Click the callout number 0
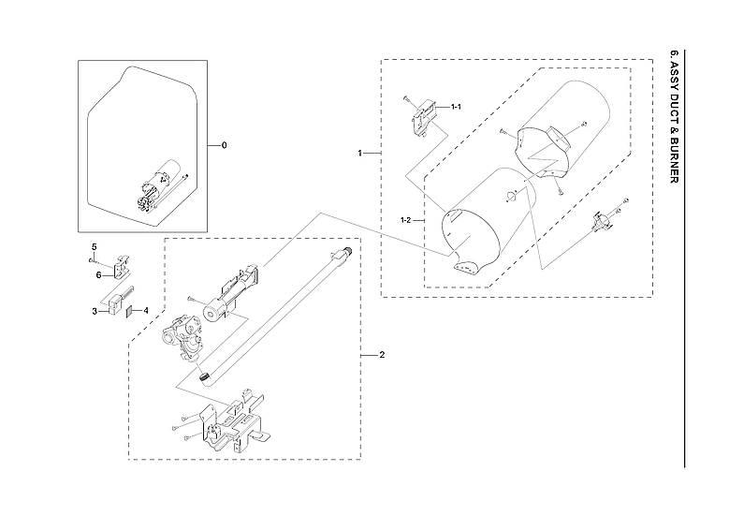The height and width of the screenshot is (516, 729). (224, 145)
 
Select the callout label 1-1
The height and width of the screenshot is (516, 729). (457, 108)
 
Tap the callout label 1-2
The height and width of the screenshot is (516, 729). (406, 220)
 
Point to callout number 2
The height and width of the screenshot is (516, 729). (381, 356)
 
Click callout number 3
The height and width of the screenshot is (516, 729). (95, 311)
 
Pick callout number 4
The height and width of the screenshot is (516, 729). (145, 310)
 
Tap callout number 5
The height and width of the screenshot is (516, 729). (94, 246)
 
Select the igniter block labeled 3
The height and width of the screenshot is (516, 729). (115, 302)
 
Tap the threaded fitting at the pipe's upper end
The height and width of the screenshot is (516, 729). (344, 253)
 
